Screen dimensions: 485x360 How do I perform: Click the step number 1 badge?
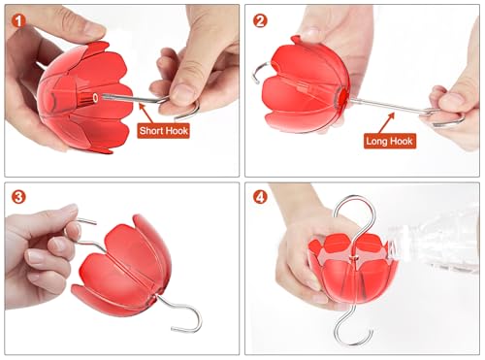pos(18,21)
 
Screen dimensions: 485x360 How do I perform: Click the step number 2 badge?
pos(260,21)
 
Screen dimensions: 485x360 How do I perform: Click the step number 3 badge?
pos(18,197)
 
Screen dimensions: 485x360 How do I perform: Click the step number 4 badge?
pos(260,197)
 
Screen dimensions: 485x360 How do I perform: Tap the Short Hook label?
pos(163,131)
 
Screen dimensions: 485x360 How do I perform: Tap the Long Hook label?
pos(390,141)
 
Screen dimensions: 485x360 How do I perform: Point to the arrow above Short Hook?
pos(146,114)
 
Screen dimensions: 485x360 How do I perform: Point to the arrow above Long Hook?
pos(387,123)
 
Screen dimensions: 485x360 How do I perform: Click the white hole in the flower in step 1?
pos(96,97)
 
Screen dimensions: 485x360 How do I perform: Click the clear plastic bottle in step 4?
pos(434,240)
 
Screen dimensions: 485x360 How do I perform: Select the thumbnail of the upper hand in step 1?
pos(94,31)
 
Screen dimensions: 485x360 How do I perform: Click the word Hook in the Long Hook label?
pos(402,141)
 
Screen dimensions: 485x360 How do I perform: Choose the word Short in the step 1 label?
pos(150,131)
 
